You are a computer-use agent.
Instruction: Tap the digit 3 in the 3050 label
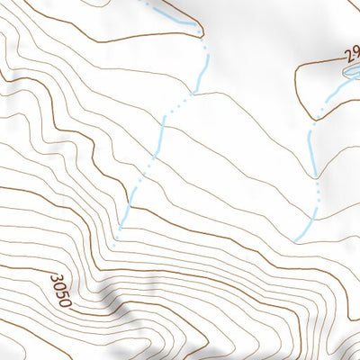click(56, 278)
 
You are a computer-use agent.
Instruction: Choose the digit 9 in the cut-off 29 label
click(355, 54)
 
